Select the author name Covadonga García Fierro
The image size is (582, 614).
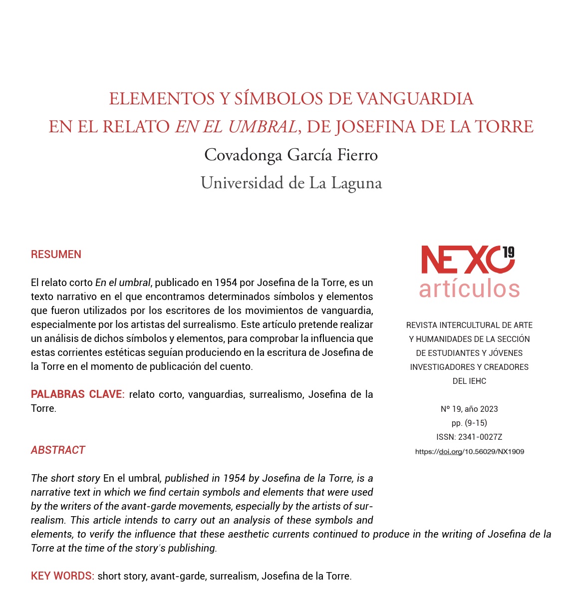coord(291,155)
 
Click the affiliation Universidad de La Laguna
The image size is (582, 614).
coord(291,183)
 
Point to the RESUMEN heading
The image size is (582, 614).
coord(56,255)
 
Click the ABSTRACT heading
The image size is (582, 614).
coord(58,450)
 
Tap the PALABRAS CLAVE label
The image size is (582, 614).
coord(77,394)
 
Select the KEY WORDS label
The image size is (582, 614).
coord(62,576)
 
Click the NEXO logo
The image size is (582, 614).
coord(460,260)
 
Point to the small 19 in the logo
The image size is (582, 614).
coord(508,252)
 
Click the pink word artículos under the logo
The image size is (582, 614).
coord(469,289)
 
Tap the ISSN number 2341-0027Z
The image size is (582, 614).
coord(480,437)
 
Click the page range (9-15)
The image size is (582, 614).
coord(476,423)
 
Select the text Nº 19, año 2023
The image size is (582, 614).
coord(469,409)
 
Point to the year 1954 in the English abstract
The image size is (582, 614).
coord(234,478)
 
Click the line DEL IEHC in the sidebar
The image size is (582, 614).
coord(469,381)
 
